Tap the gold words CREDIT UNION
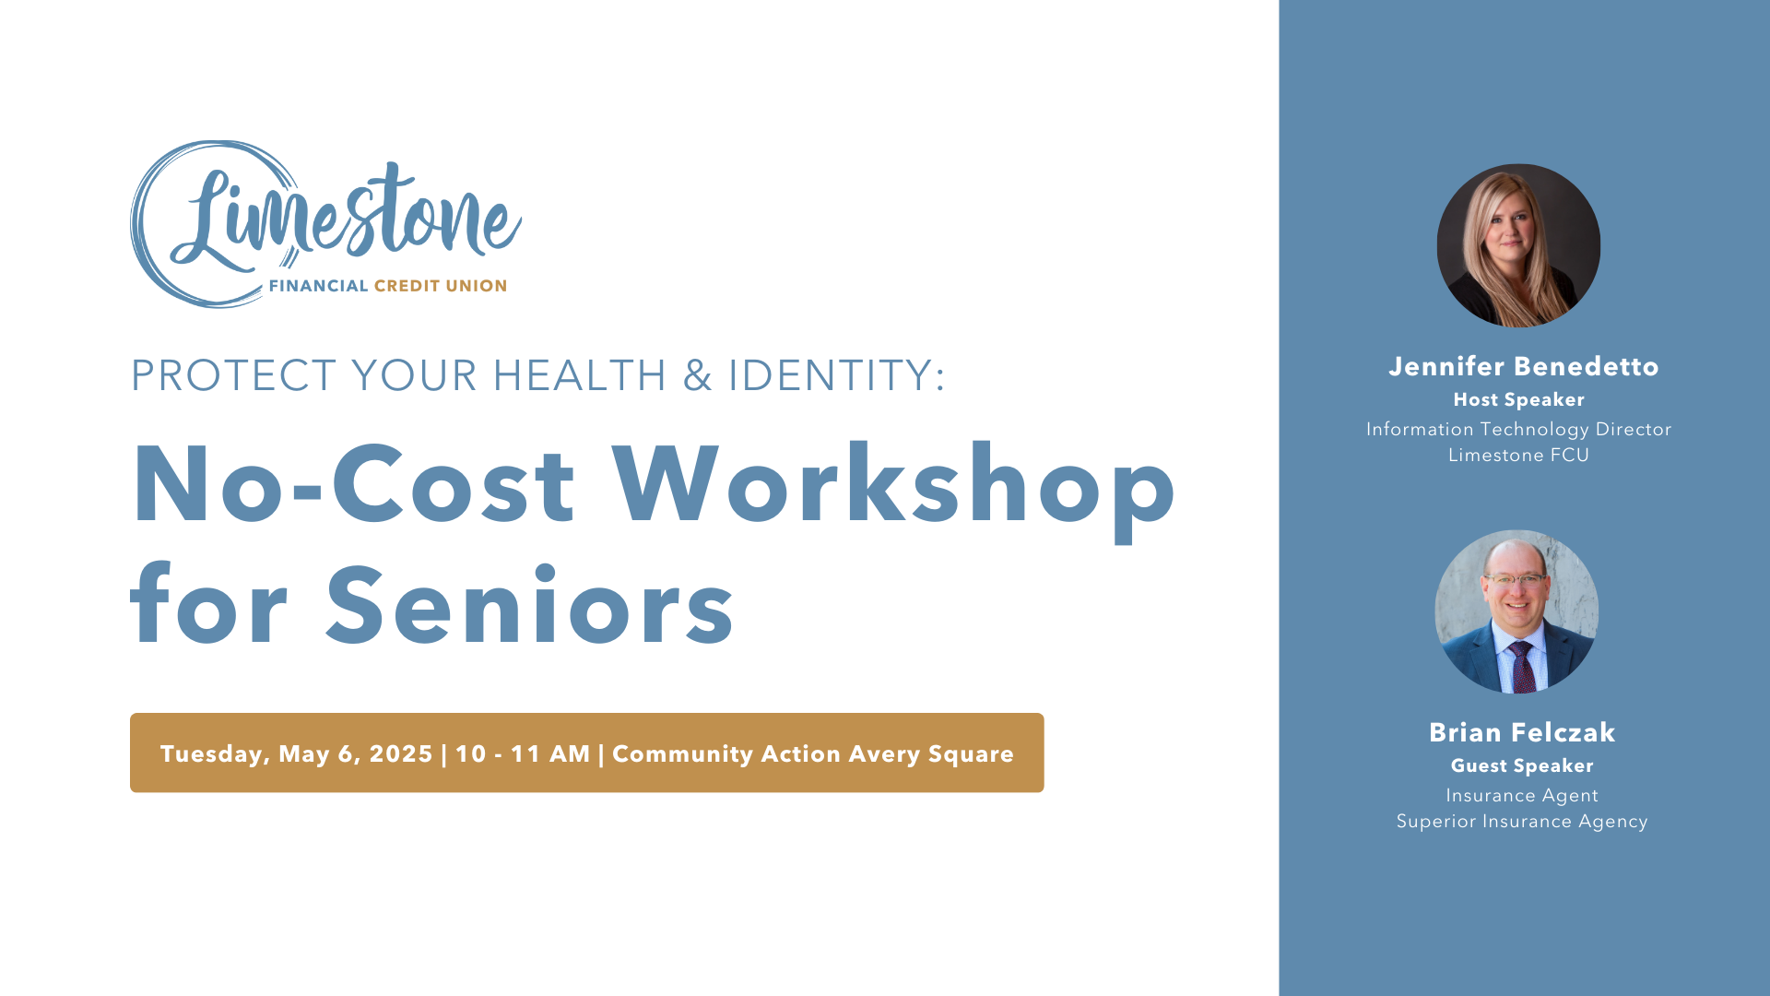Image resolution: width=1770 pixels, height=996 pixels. (x=441, y=286)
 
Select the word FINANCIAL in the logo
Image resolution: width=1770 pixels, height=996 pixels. (x=319, y=286)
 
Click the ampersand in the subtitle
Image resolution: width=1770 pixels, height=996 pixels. (x=698, y=375)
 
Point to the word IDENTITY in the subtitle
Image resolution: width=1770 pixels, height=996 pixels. (x=837, y=375)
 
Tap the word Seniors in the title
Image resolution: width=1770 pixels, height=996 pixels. (x=530, y=605)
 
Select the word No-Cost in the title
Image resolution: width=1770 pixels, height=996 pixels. (x=355, y=484)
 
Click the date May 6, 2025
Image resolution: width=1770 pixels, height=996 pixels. (x=356, y=754)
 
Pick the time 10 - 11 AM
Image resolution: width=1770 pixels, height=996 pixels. (x=523, y=754)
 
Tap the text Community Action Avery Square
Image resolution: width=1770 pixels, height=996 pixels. (x=813, y=754)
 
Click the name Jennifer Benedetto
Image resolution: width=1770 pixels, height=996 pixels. (x=1524, y=366)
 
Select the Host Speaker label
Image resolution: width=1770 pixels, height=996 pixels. (x=1519, y=399)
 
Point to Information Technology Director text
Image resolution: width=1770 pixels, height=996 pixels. (x=1519, y=429)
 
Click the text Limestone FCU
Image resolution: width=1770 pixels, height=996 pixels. (x=1519, y=455)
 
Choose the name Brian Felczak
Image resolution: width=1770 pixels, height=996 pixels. (x=1522, y=732)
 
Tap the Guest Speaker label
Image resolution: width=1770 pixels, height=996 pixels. (x=1522, y=765)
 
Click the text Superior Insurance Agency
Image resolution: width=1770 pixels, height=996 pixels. (x=1522, y=821)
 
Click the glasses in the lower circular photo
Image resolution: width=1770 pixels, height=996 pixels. (x=1514, y=580)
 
